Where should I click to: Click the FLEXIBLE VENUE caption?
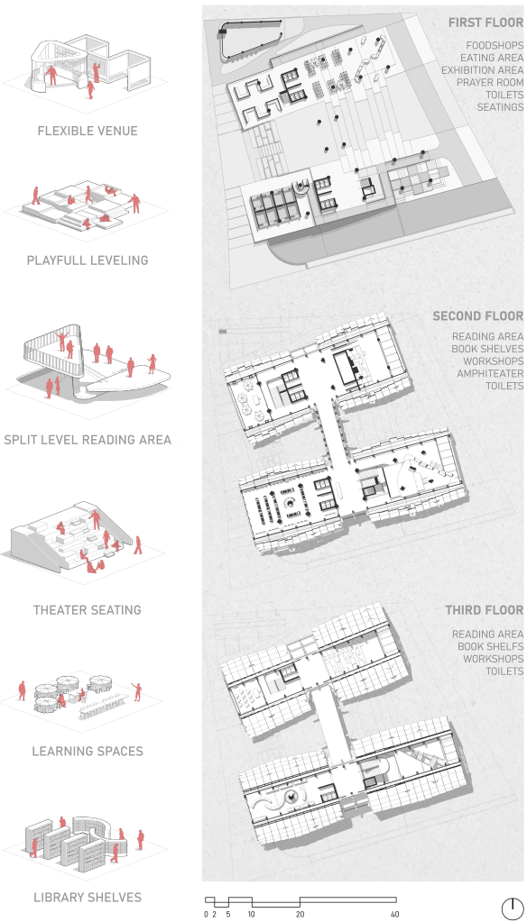click(x=88, y=131)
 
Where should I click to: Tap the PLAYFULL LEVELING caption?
click(x=88, y=260)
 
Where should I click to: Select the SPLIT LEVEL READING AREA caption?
click(x=88, y=439)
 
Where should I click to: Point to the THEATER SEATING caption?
click(x=88, y=610)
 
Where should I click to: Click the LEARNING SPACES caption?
click(x=88, y=751)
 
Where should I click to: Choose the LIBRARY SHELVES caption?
click(x=88, y=898)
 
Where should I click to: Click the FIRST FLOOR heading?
click(x=485, y=23)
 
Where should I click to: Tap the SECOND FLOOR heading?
click(x=478, y=316)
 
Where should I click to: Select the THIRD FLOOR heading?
click(x=484, y=610)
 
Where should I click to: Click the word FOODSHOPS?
click(x=495, y=45)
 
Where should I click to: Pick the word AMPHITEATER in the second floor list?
click(x=490, y=373)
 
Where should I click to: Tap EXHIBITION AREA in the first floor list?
click(x=482, y=70)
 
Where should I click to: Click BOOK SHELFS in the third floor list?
click(x=491, y=646)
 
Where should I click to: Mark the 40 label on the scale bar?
click(x=395, y=914)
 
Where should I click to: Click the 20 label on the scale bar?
click(x=300, y=914)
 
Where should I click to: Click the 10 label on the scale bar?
click(x=252, y=914)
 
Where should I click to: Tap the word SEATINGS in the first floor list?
click(x=500, y=107)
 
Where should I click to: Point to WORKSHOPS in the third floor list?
click(x=493, y=659)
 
